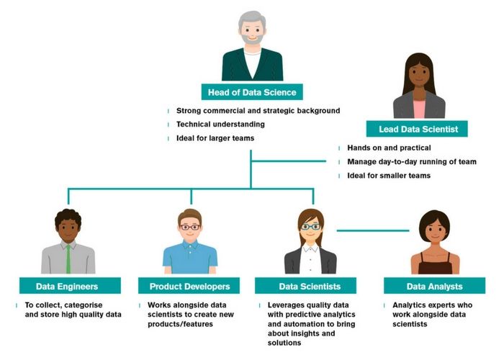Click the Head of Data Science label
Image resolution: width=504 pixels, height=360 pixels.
point(252,91)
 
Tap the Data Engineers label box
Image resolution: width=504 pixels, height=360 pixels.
point(68,286)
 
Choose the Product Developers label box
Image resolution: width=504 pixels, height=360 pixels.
point(190,286)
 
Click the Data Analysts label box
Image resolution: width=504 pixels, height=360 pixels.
point(434,286)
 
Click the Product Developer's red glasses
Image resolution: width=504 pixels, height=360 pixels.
point(190,228)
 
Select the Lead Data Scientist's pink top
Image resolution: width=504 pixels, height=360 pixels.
point(419,109)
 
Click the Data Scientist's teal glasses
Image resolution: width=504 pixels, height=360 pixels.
point(310,227)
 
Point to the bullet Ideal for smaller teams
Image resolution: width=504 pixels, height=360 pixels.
point(389,176)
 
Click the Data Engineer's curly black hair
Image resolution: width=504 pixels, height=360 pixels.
point(68,215)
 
